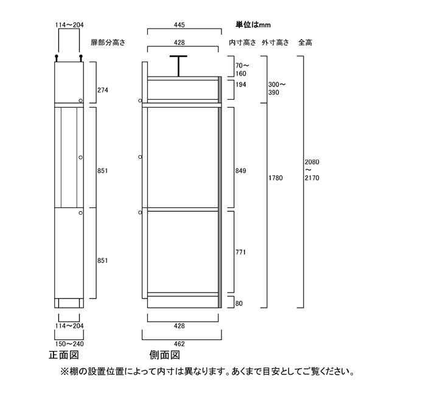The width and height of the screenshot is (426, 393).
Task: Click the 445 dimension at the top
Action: pyautogui.click(x=180, y=25)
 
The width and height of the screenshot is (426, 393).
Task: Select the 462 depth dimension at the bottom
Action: pyautogui.click(x=180, y=344)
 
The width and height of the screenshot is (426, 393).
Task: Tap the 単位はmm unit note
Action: pyautogui.click(x=253, y=25)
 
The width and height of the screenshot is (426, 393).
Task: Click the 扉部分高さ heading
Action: pyautogui.click(x=108, y=43)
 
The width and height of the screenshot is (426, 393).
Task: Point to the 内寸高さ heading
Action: pyautogui.click(x=242, y=43)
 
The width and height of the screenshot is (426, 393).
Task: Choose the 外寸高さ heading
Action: pyautogui.click(x=275, y=43)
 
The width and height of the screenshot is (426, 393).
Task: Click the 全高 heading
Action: pyautogui.click(x=305, y=43)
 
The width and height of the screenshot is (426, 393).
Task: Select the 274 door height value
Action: pyautogui.click(x=103, y=90)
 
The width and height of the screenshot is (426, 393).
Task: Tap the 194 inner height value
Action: pyautogui.click(x=241, y=85)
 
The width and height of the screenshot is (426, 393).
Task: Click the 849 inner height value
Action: pyautogui.click(x=241, y=171)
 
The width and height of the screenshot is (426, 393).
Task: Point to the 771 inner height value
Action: pyautogui.click(x=241, y=252)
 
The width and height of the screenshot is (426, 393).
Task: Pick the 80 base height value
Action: pyautogui.click(x=239, y=304)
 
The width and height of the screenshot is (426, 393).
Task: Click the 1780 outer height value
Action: pyautogui.click(x=276, y=178)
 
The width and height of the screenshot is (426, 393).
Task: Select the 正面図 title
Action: pyautogui.click(x=64, y=355)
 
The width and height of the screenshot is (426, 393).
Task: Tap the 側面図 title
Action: pyautogui.click(x=165, y=355)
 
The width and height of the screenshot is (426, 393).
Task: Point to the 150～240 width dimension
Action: pyautogui.click(x=69, y=344)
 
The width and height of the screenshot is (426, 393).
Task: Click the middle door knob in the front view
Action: pyautogui.click(x=80, y=157)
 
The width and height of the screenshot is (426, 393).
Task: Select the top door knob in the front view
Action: pyautogui.click(x=80, y=101)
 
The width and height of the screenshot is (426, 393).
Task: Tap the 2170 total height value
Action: pyautogui.click(x=312, y=178)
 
